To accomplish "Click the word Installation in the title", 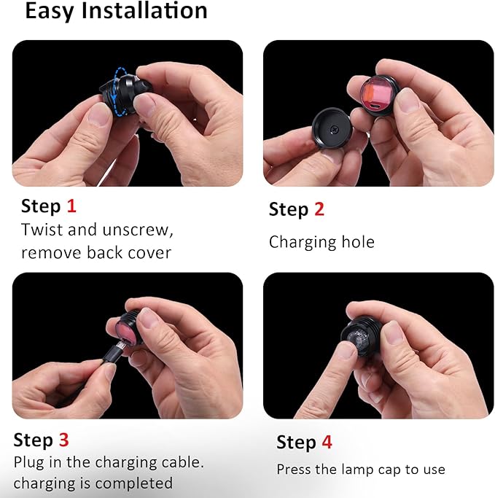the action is click(144, 11).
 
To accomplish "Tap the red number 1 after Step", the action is click(71, 206).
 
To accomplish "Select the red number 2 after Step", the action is click(319, 209).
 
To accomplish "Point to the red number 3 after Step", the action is click(64, 440).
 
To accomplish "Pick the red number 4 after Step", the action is click(327, 442).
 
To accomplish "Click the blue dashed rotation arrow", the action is click(119, 91).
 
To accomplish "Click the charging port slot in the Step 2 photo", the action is click(375, 106).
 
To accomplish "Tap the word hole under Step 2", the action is click(358, 241).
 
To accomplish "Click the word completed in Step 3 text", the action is click(133, 483).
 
